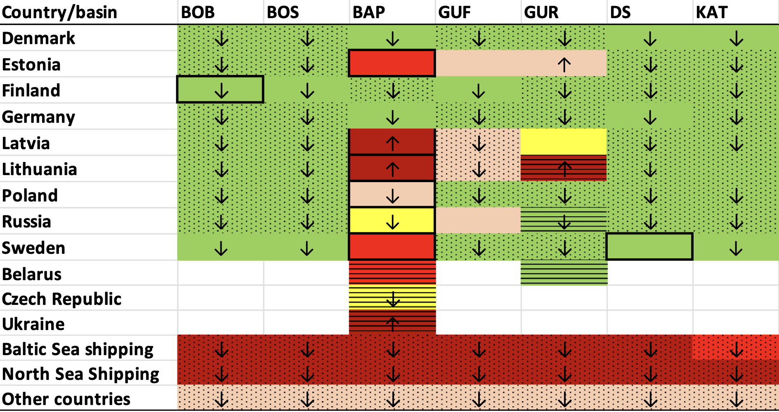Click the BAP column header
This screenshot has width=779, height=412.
pyautogui.click(x=368, y=12)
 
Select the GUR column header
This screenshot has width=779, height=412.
pyautogui.click(x=541, y=12)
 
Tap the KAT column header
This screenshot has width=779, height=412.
pyautogui.click(x=712, y=12)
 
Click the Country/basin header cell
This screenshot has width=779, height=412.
pyautogui.click(x=60, y=12)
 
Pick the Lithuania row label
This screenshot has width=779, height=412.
pyautogui.click(x=40, y=169)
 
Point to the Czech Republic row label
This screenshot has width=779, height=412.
pyautogui.click(x=62, y=299)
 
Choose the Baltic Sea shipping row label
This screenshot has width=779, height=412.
pyautogui.click(x=78, y=349)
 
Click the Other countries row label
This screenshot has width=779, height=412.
pyautogui.click(x=66, y=399)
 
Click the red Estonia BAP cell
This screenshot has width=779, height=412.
pyautogui.click(x=392, y=63)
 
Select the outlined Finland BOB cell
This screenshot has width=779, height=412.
pyautogui.click(x=220, y=89)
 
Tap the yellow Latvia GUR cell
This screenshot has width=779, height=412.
pyautogui.click(x=564, y=142)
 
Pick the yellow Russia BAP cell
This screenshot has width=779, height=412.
pyautogui.click(x=392, y=220)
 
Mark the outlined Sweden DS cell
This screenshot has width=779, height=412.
pyautogui.click(x=649, y=246)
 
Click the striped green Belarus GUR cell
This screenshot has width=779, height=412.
pyautogui.click(x=564, y=272)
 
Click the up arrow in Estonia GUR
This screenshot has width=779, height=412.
pyautogui.click(x=564, y=65)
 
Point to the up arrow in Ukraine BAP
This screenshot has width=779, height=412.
pyautogui.click(x=392, y=324)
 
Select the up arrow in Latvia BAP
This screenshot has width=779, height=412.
pyautogui.click(x=392, y=143)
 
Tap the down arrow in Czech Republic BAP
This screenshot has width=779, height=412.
pyautogui.click(x=393, y=299)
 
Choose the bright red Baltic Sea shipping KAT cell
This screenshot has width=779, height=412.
pyautogui.click(x=736, y=347)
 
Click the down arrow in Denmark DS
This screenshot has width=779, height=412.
pyautogui.click(x=650, y=39)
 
